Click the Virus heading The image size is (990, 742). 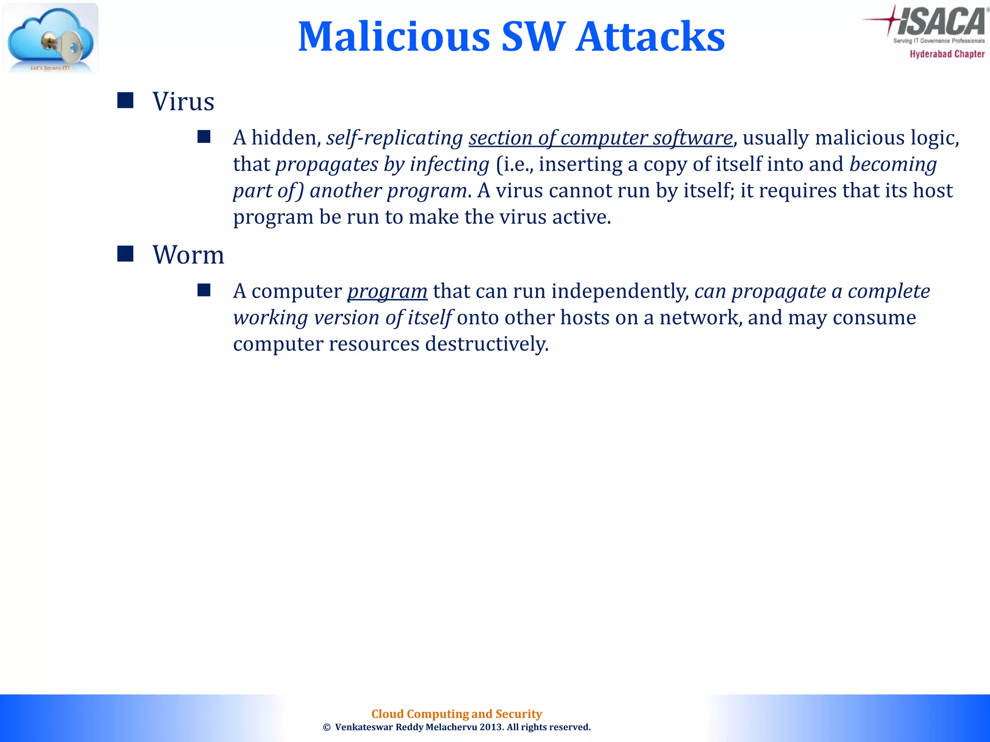183,101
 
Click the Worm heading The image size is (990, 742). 189,255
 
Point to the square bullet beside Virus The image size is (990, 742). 125,100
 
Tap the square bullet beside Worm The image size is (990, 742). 125,254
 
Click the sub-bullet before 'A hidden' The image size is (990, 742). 204,137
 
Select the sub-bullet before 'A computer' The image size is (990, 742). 204,290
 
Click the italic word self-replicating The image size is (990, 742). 394,138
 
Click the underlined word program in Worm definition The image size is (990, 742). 387,292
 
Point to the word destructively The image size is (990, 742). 487,344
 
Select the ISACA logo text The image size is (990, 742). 940,22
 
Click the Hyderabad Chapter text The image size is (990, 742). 947,54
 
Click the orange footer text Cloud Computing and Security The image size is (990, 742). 456,714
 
